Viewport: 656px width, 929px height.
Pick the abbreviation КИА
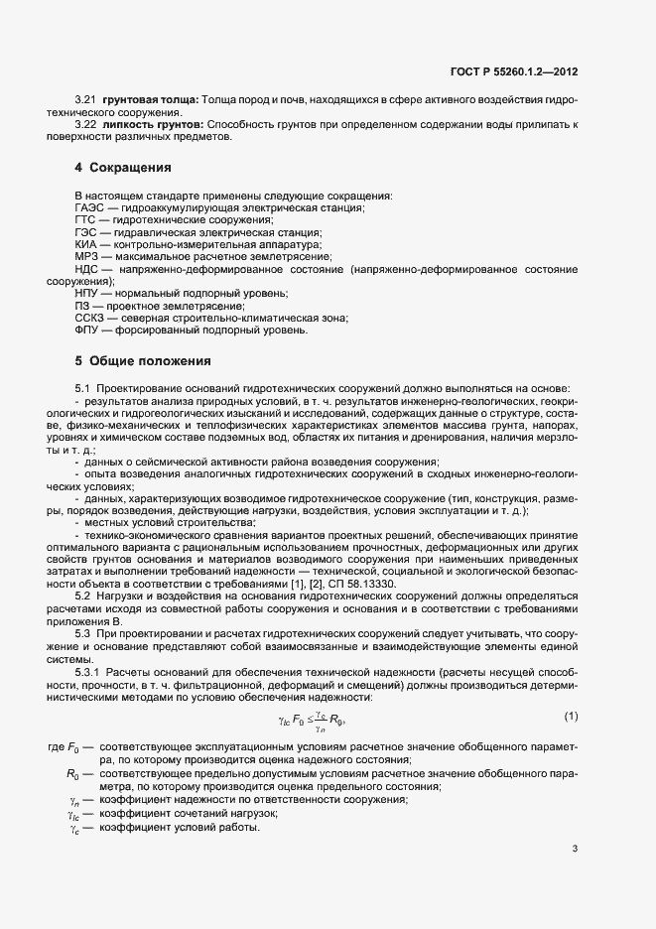click(86, 243)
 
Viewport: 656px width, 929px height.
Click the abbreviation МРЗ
click(86, 256)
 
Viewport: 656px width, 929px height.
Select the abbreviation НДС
click(87, 269)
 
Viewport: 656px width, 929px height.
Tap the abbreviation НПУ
click(87, 294)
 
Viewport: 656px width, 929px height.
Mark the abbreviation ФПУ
click(87, 331)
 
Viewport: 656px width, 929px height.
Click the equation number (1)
click(571, 717)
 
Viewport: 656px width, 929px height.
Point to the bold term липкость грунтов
click(151, 124)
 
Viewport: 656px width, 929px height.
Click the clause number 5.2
click(82, 596)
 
